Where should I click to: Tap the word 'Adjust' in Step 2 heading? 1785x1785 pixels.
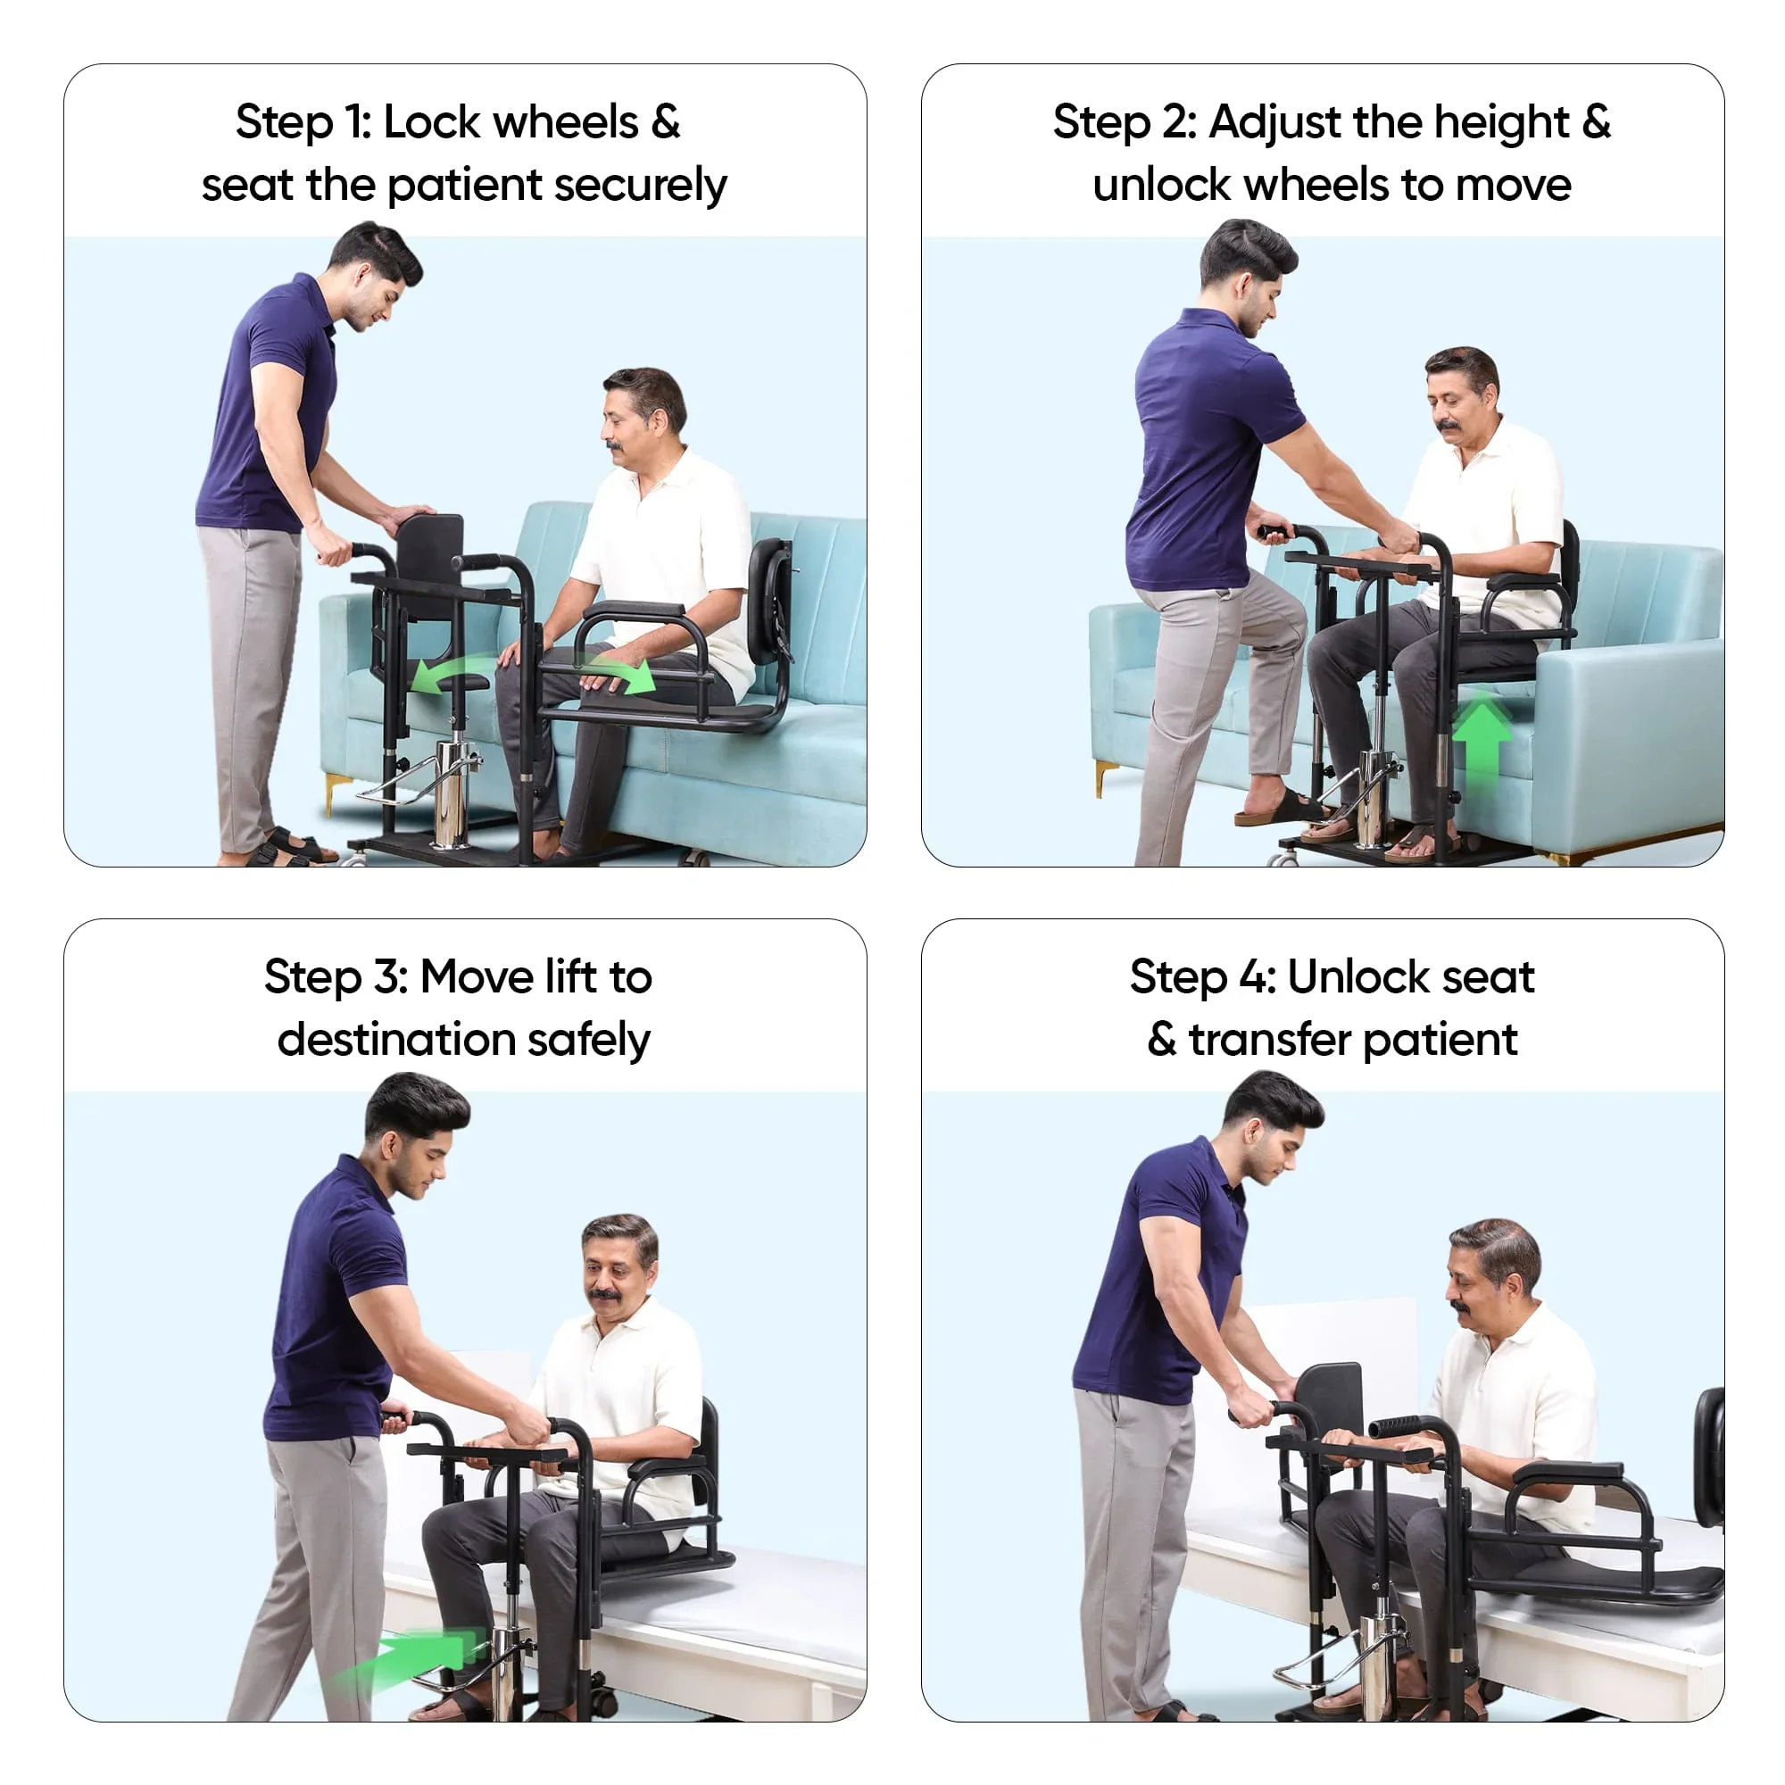1262,123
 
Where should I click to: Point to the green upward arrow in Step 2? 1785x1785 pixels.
1482,739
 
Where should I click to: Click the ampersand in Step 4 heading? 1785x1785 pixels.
1162,1041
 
